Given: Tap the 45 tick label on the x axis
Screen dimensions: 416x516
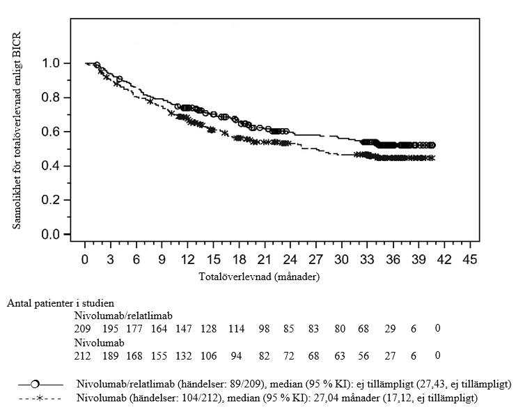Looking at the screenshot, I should click(469, 260).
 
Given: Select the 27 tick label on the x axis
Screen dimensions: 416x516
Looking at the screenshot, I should click(315, 260).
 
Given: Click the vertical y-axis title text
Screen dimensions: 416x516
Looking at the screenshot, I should click(15, 130).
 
